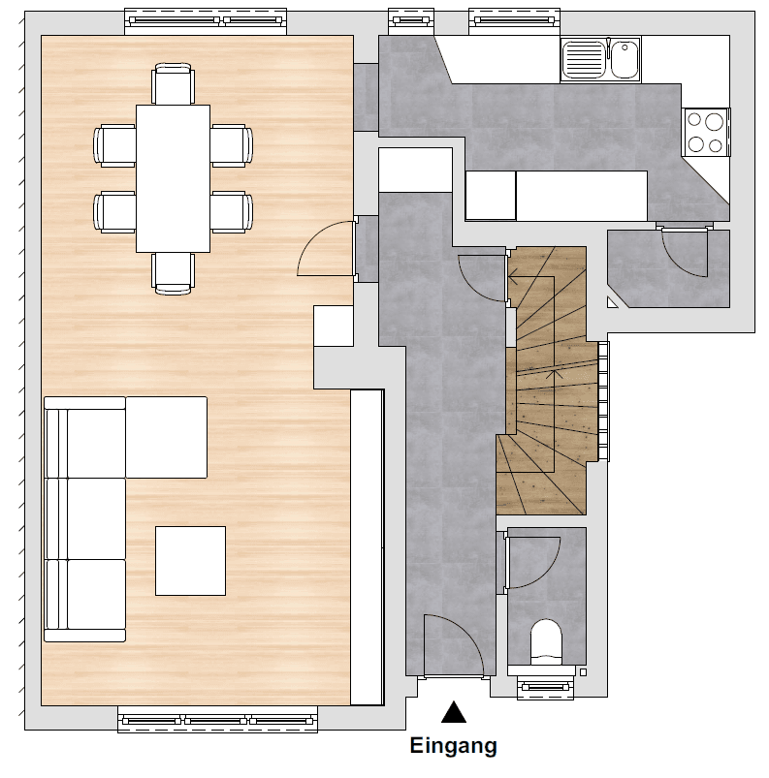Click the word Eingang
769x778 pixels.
[x=453, y=746]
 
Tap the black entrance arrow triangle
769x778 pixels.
[x=453, y=714]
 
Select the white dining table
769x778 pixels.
[x=173, y=177]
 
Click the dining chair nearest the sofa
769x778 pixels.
[x=173, y=272]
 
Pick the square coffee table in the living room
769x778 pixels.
[x=190, y=561]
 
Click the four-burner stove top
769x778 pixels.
[x=705, y=133]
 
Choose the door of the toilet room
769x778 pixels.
[x=531, y=560]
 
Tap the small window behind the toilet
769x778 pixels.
[x=546, y=688]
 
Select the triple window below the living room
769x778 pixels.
[x=217, y=720]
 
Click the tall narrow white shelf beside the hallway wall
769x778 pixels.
[x=367, y=547]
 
